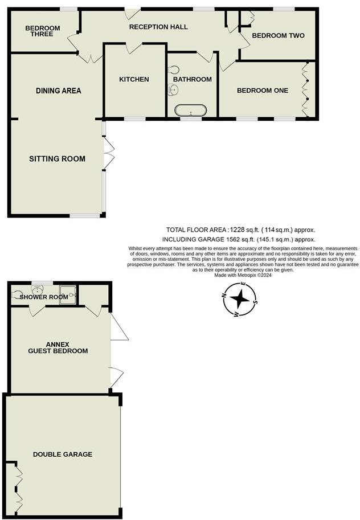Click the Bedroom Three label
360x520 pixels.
point(43,31)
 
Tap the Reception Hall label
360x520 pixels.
point(158,27)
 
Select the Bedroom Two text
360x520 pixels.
point(278,35)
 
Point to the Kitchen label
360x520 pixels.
point(134,79)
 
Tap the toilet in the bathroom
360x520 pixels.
point(173,70)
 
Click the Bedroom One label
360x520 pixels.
point(263,90)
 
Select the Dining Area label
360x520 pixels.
point(58,91)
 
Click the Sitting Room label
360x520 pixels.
point(57,158)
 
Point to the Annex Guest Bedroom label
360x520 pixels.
point(58,347)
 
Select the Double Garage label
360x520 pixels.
point(63,454)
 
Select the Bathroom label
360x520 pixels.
point(193,79)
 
